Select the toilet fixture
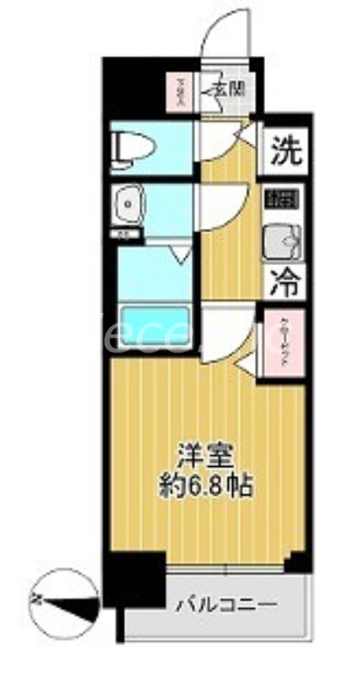point(135,148)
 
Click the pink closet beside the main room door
point(284,346)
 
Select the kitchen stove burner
point(283,200)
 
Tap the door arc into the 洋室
point(227,331)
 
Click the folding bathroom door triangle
point(180,252)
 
